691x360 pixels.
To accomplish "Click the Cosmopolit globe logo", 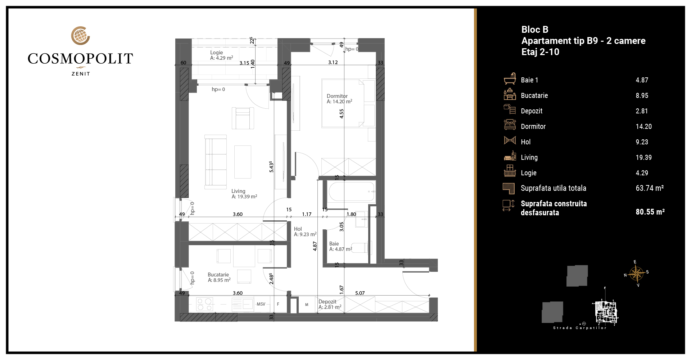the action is (x=80, y=35).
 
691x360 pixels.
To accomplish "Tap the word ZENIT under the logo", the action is (x=81, y=74).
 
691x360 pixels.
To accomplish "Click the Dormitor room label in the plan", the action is (x=337, y=96).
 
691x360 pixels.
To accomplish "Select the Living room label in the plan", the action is (x=238, y=191).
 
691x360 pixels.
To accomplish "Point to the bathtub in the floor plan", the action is (x=352, y=192).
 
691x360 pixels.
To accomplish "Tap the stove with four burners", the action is (x=204, y=305).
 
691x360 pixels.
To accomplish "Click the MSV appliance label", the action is (x=261, y=304).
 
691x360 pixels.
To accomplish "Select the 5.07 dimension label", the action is (x=360, y=293).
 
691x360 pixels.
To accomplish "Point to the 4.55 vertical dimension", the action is (x=342, y=114).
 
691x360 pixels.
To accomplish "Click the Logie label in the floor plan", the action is (x=217, y=53).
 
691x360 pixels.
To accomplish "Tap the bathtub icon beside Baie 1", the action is (x=510, y=78).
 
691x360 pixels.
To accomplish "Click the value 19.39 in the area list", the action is (x=643, y=157).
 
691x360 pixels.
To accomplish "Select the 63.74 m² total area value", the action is (x=650, y=188).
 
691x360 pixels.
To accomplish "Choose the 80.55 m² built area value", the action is (x=650, y=212).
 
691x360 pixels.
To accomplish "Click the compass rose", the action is (x=637, y=274).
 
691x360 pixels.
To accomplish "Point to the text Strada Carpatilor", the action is (x=579, y=328).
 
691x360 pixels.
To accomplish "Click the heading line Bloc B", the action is (x=535, y=30).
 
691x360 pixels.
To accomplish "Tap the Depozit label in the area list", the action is (x=532, y=111).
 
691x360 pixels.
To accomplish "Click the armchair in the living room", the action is (x=243, y=118).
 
